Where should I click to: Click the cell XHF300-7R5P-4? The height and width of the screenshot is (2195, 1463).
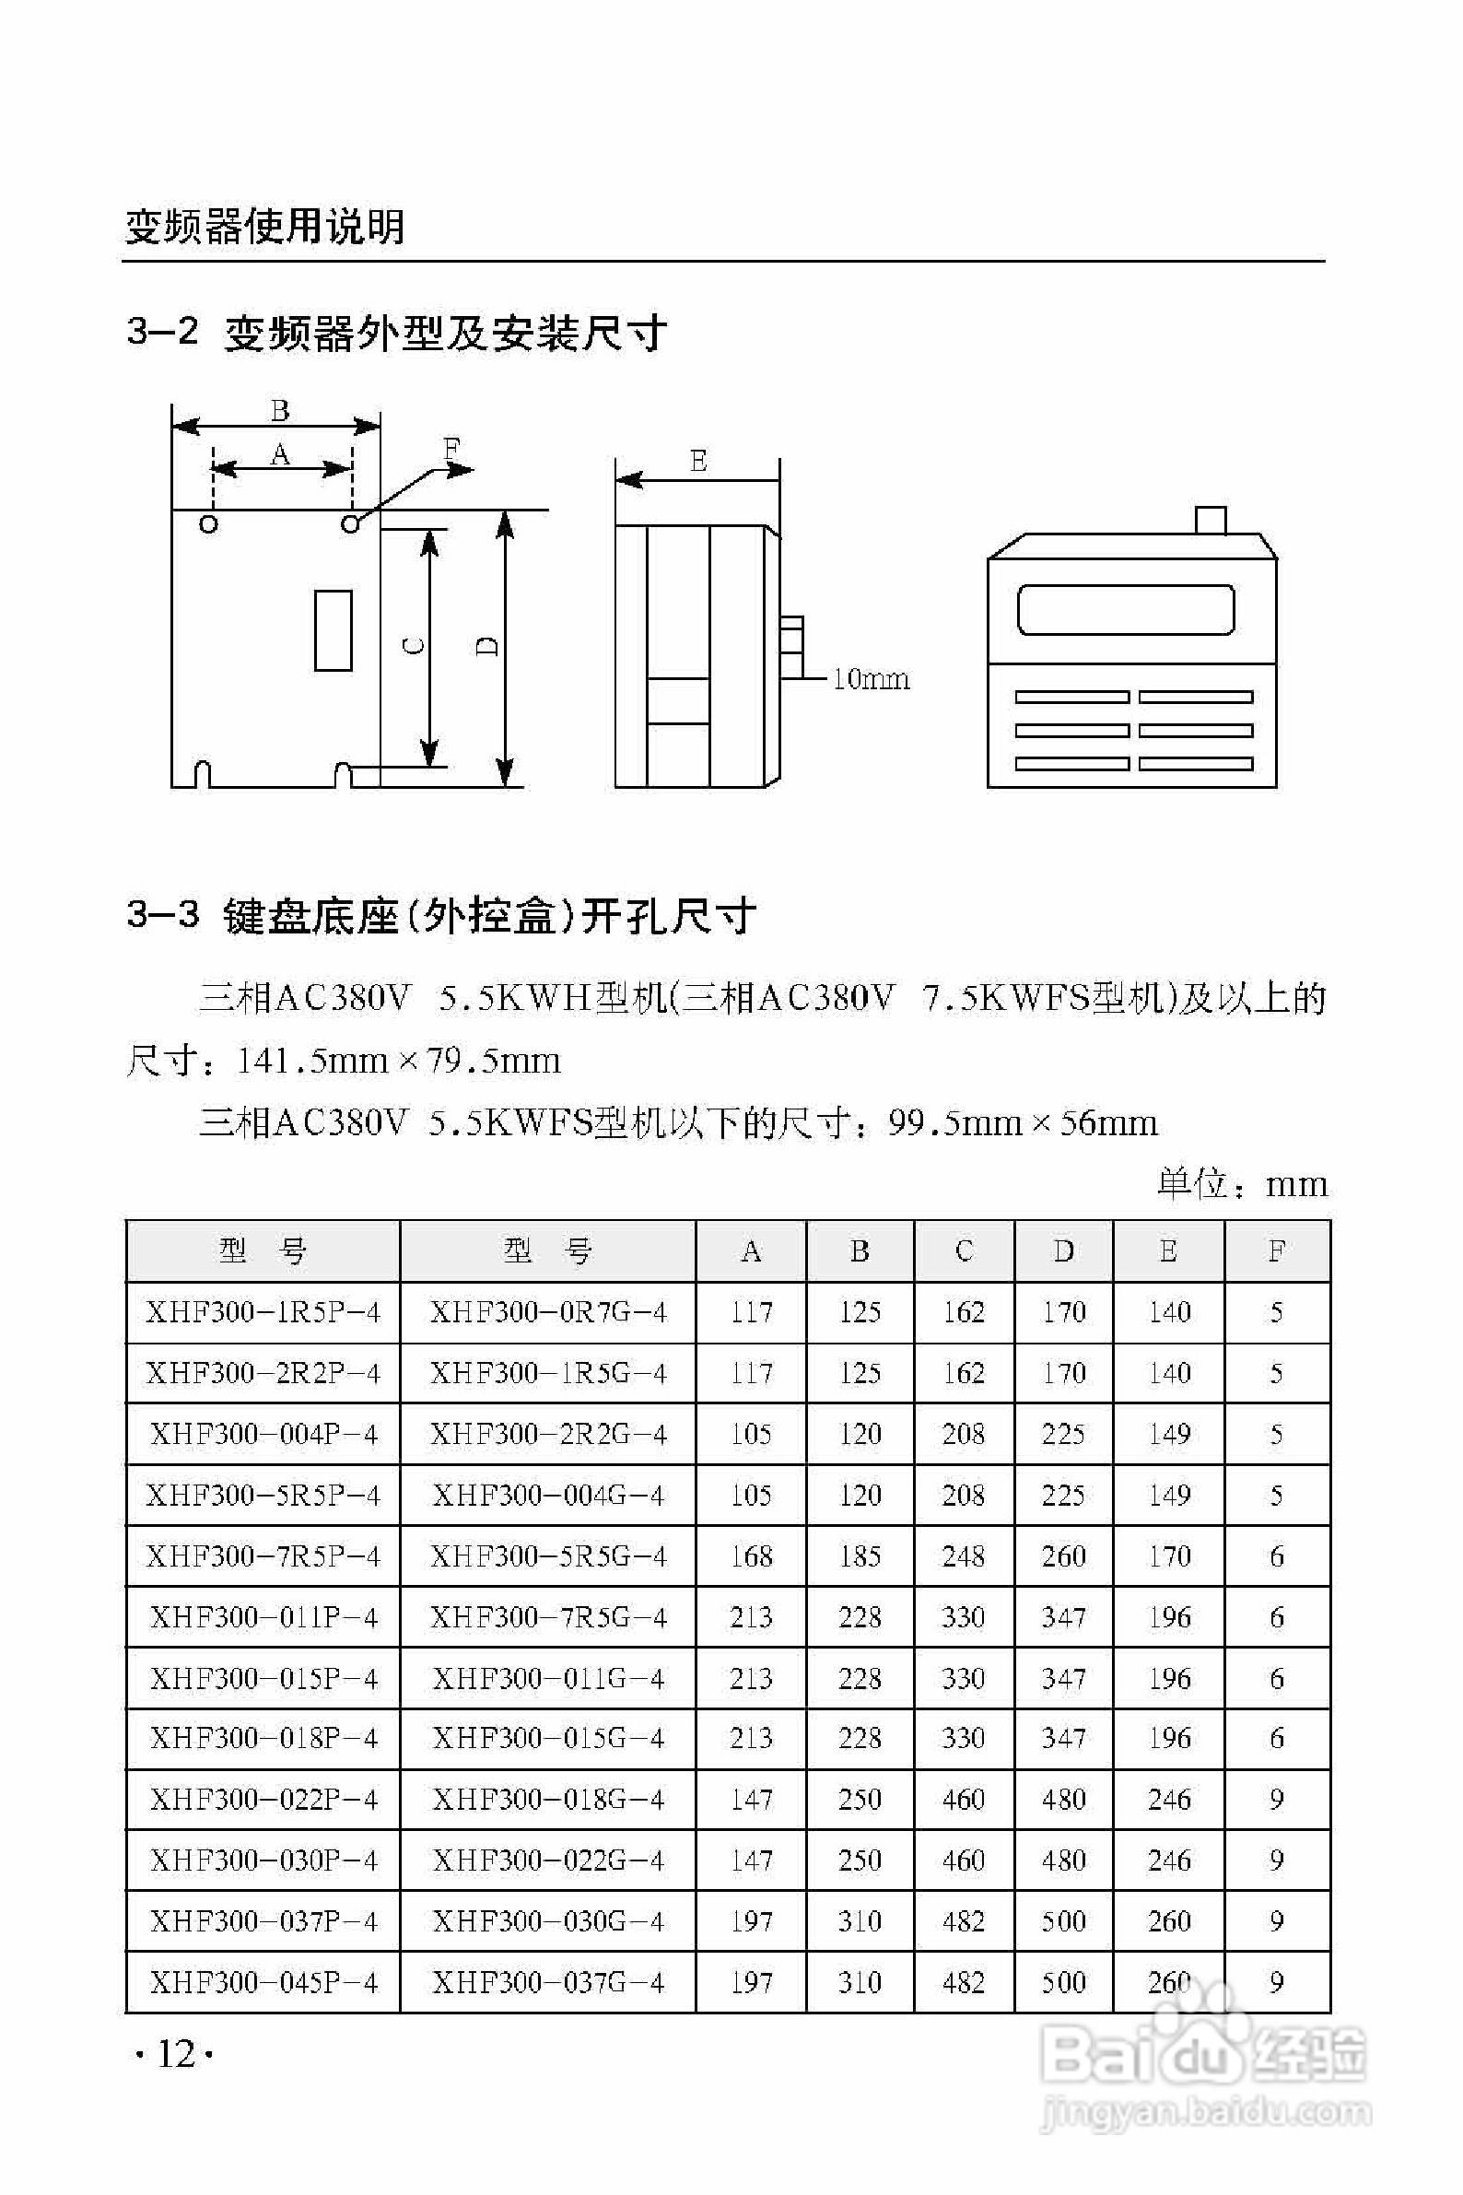(263, 1555)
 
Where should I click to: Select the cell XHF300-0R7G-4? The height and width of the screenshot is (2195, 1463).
(547, 1312)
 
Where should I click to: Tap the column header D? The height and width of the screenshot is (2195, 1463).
(1063, 1250)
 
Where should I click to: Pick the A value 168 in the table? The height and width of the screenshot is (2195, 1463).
(751, 1555)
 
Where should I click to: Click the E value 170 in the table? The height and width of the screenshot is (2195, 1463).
(1169, 1555)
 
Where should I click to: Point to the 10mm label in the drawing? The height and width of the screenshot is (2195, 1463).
(870, 679)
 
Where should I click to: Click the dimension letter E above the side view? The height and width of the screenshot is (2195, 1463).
(698, 461)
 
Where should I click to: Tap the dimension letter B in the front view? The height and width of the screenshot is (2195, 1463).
(280, 411)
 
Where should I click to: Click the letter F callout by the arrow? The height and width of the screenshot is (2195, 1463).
(451, 449)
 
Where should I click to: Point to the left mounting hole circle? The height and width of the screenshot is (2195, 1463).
(209, 524)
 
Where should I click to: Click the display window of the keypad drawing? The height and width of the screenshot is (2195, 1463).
(1125, 610)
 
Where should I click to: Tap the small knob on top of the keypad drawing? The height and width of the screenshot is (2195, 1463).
(1211, 520)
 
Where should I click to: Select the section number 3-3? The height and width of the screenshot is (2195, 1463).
(162, 914)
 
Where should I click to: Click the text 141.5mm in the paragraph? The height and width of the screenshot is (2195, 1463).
(311, 1062)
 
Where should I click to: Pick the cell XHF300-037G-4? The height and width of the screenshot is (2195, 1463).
(547, 1982)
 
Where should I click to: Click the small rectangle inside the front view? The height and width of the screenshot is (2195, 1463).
(334, 630)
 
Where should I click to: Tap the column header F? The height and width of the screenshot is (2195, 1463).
(1276, 1250)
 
